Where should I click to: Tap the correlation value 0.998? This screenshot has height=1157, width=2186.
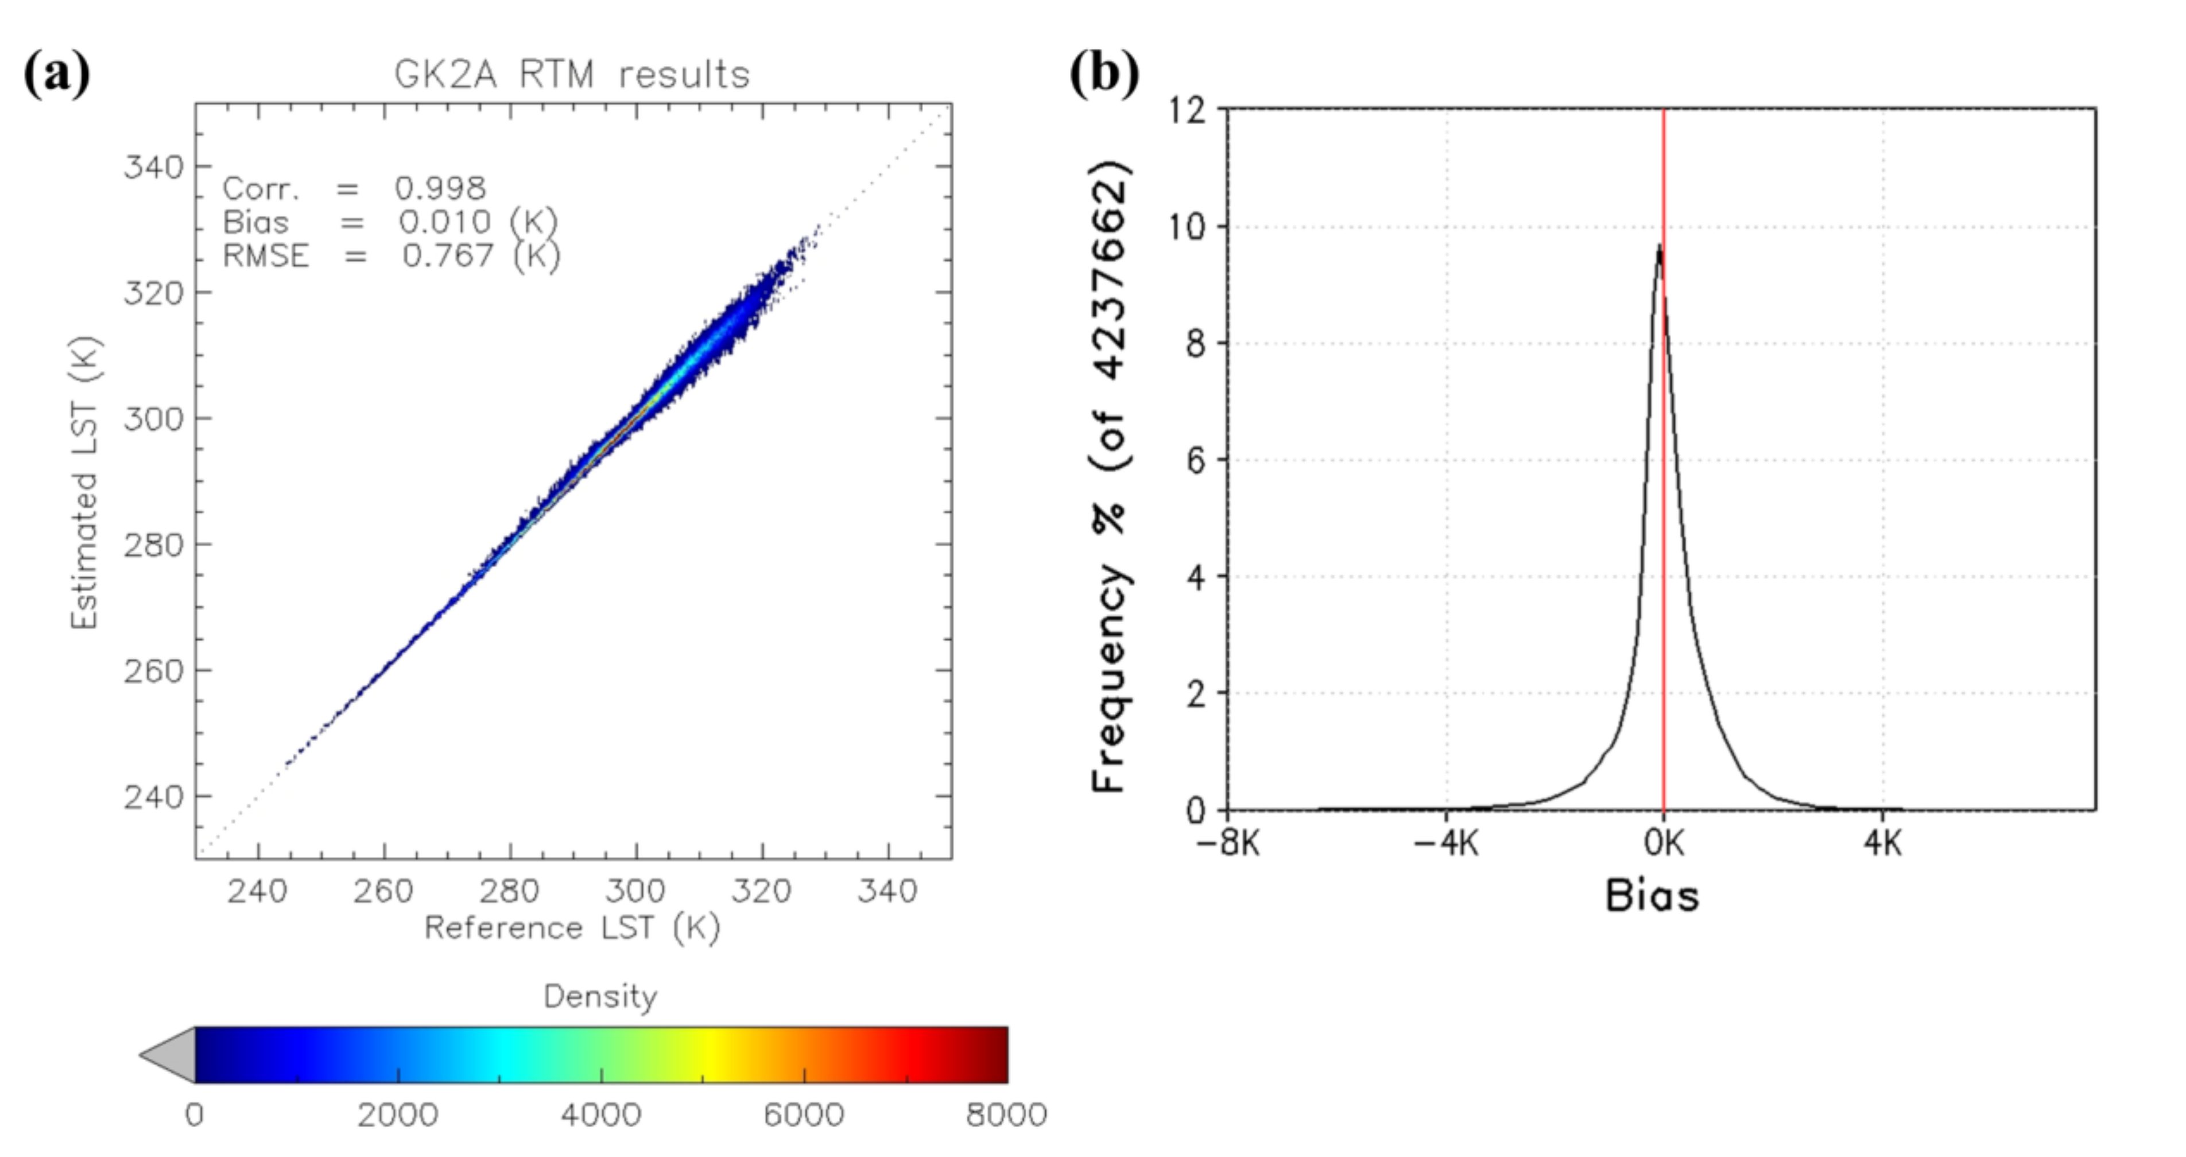[440, 188]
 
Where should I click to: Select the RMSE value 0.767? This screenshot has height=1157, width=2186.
[447, 255]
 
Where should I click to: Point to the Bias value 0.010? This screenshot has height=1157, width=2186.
[445, 222]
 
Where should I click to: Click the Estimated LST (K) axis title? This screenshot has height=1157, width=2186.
[85, 483]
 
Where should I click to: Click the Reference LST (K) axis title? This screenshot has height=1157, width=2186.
[572, 928]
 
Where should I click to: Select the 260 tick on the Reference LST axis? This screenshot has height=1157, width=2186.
[383, 891]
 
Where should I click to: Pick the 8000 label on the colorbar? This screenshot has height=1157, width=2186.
[1006, 1115]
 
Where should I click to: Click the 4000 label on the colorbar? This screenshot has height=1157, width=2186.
[601, 1115]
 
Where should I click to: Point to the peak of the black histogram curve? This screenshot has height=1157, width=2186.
[1659, 247]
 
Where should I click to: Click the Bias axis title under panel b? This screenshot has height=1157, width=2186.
[1652, 896]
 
